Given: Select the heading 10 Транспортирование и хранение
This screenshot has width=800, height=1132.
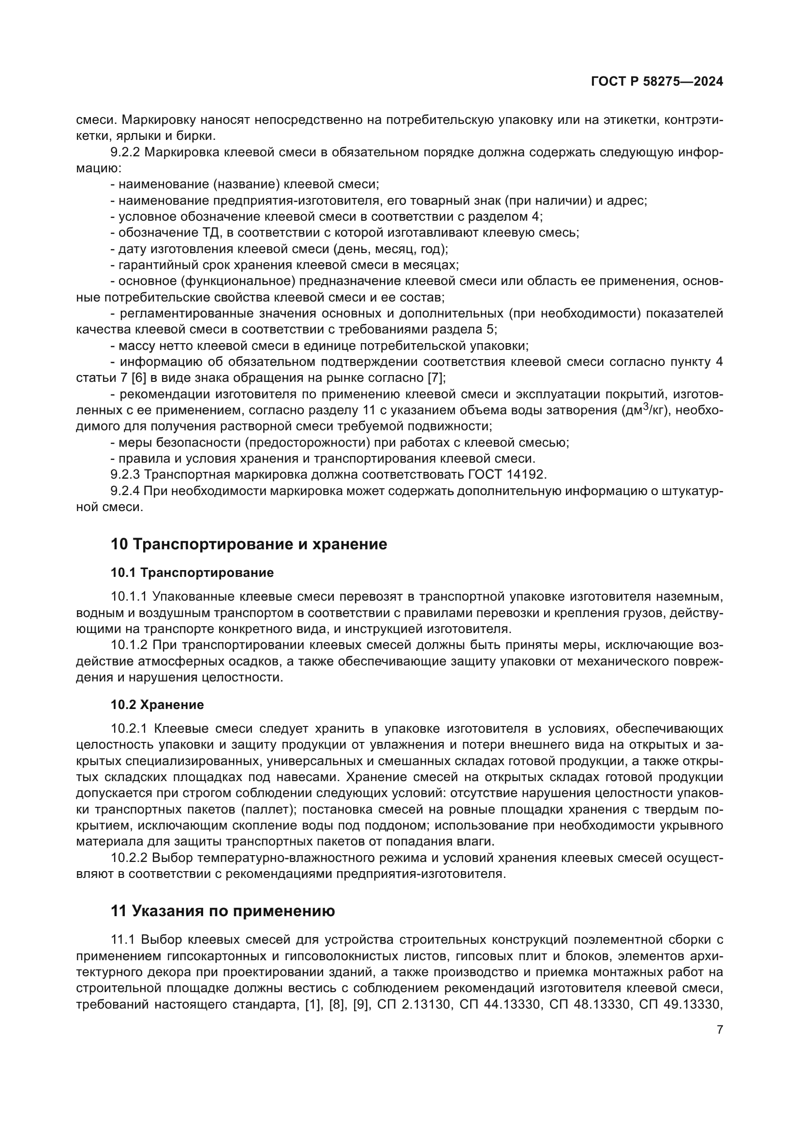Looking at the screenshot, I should coord(248,544).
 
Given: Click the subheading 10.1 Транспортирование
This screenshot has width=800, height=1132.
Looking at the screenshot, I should coord(192,573).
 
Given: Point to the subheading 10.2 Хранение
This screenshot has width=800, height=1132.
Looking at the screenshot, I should coord(157,705).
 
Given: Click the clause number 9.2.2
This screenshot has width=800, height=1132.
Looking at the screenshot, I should coord(125,152).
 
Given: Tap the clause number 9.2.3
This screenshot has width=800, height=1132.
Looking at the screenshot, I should coord(125,474).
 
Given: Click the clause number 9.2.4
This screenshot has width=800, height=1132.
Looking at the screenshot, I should coord(125,491).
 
